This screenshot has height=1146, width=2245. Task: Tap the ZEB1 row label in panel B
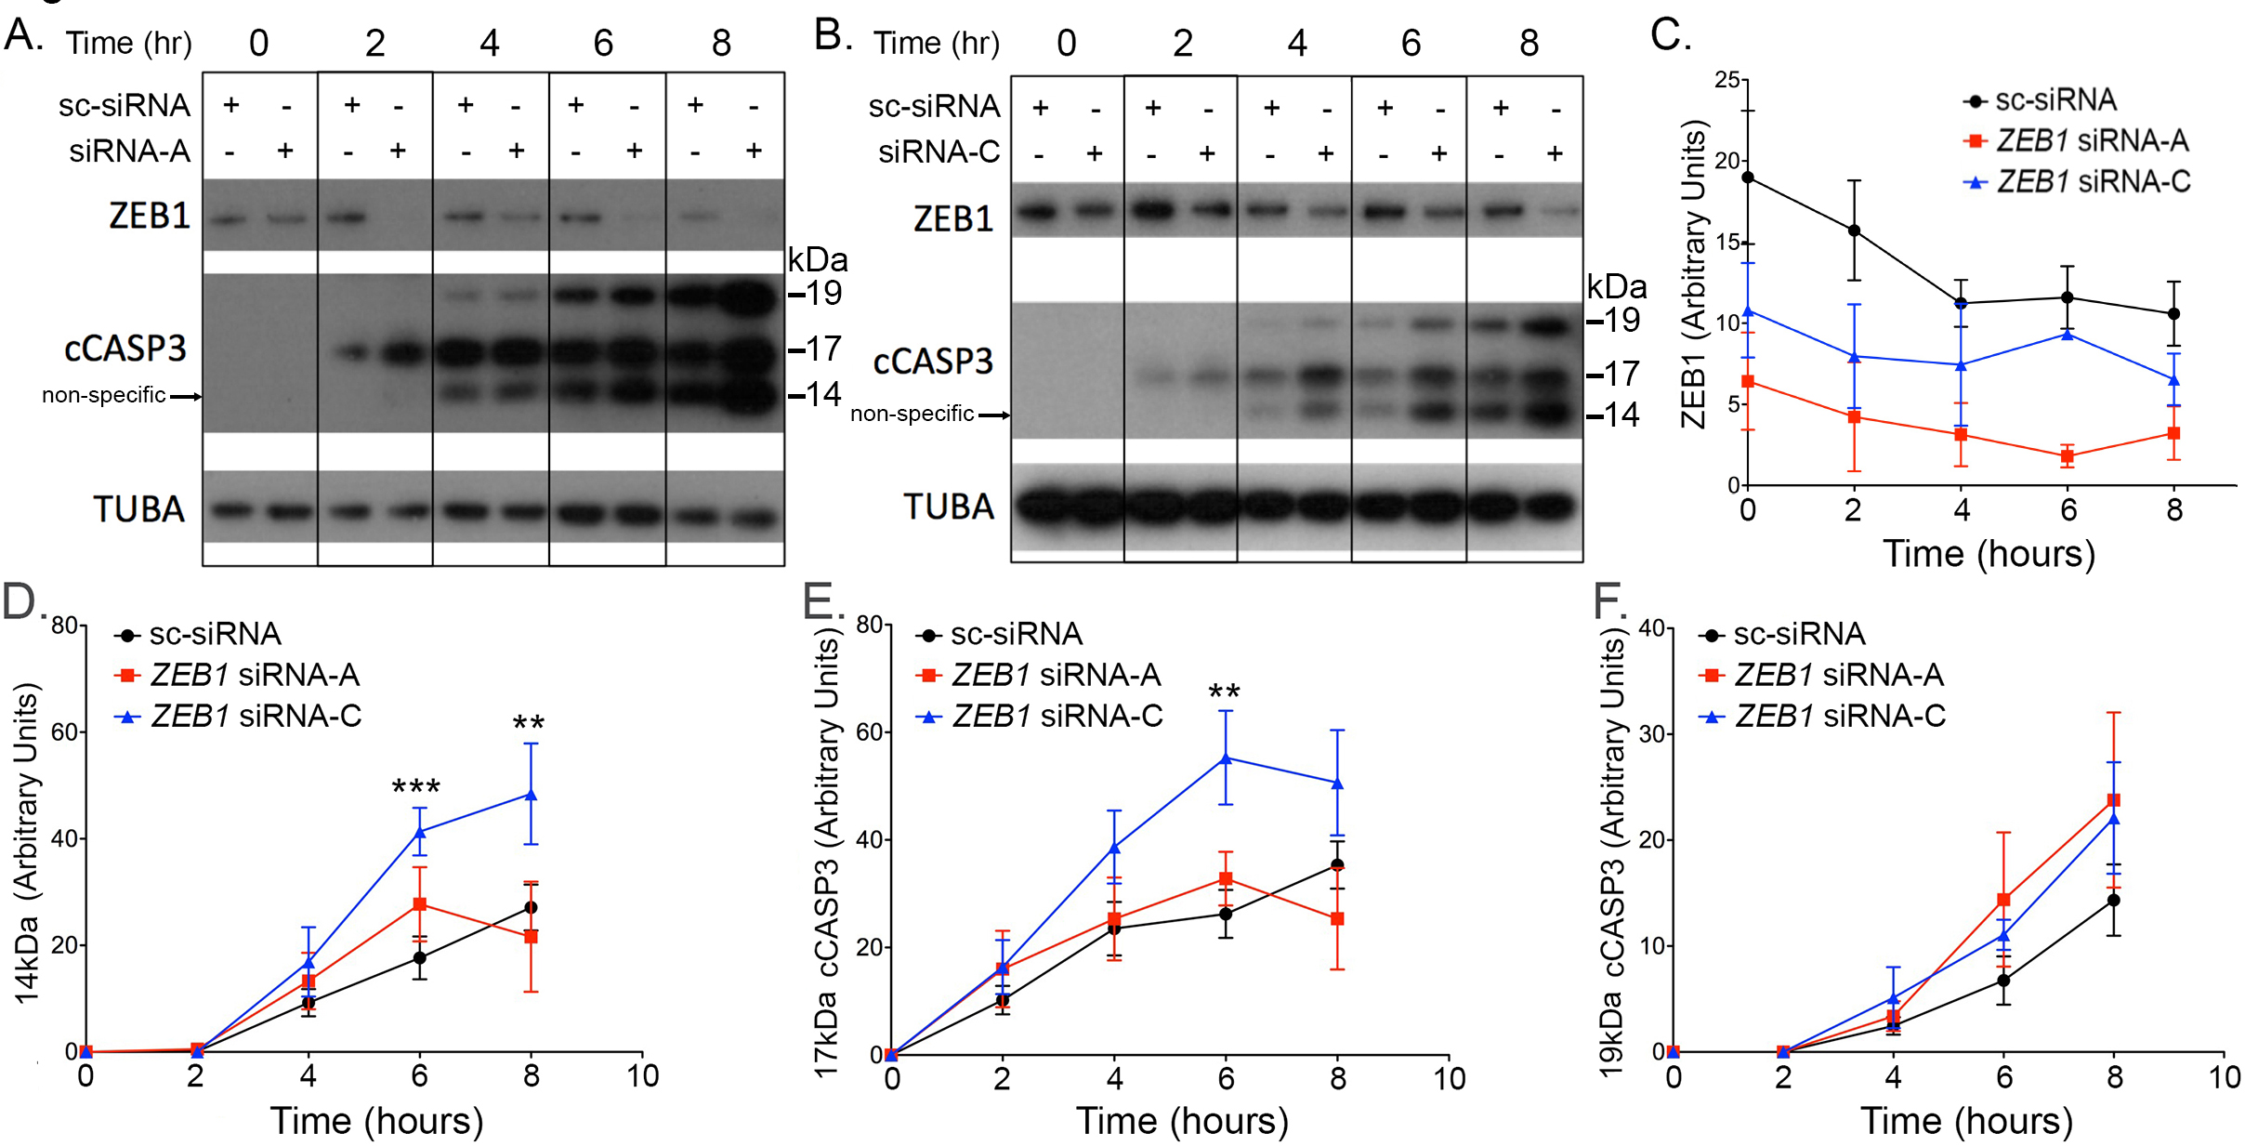pyautogui.click(x=953, y=219)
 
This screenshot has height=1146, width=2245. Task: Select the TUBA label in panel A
pyautogui.click(x=139, y=509)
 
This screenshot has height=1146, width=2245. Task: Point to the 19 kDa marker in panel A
pyautogui.click(x=818, y=294)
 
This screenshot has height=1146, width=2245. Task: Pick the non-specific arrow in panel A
pyautogui.click(x=186, y=397)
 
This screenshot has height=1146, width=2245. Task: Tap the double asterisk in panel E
pyautogui.click(x=1224, y=692)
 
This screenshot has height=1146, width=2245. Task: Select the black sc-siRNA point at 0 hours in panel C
pyautogui.click(x=1748, y=178)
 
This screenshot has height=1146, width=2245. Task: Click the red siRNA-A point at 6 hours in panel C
pyautogui.click(x=2068, y=456)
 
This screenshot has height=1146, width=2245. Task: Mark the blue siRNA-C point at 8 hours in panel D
pyautogui.click(x=532, y=795)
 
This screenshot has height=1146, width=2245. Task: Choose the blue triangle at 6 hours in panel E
pyautogui.click(x=1226, y=758)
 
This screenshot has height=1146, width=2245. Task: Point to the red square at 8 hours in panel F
pyautogui.click(x=2114, y=800)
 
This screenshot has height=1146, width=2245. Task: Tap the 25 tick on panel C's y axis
pyautogui.click(x=1727, y=80)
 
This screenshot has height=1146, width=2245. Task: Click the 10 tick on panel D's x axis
pyautogui.click(x=642, y=1076)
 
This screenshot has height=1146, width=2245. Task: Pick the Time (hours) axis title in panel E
pyautogui.click(x=1182, y=1121)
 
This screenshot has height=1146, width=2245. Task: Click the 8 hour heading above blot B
pyautogui.click(x=1529, y=43)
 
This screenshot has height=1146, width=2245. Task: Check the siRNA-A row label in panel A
pyautogui.click(x=129, y=151)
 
